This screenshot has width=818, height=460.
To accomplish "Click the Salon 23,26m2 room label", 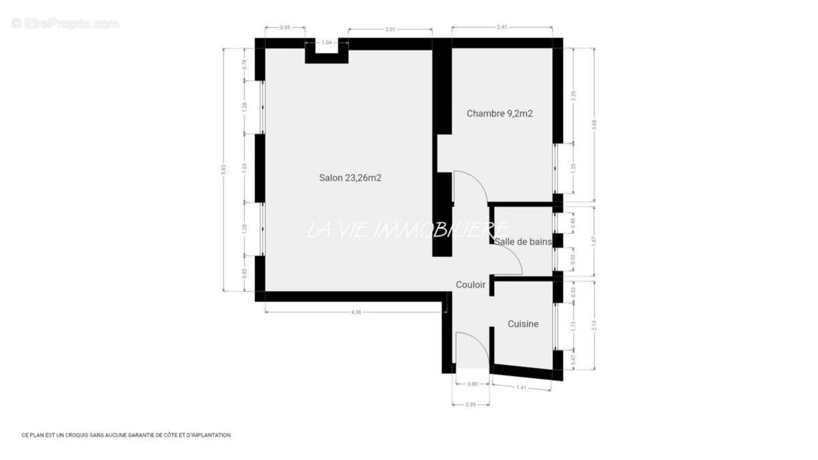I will click(350, 178).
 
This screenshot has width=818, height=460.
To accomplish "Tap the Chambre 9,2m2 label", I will click(499, 114).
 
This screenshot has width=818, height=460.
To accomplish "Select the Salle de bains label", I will click(523, 241).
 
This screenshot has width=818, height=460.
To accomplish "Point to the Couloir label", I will click(470, 285).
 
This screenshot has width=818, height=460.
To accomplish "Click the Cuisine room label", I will click(523, 324).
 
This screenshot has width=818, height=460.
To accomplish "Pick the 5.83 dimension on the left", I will click(224, 170).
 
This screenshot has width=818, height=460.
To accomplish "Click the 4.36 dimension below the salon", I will click(355, 312).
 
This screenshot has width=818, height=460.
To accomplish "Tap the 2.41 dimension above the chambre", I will click(502, 27).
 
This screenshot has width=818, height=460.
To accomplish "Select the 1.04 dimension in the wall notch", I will click(326, 42).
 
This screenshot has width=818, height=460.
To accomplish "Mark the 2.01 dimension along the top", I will click(390, 29).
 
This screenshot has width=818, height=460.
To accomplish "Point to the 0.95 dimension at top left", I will click(285, 27).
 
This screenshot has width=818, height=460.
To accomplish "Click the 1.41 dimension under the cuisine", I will click(521, 388).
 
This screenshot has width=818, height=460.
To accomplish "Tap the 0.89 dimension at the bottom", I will click(470, 404).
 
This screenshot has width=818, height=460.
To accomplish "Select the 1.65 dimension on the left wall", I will click(244, 168).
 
